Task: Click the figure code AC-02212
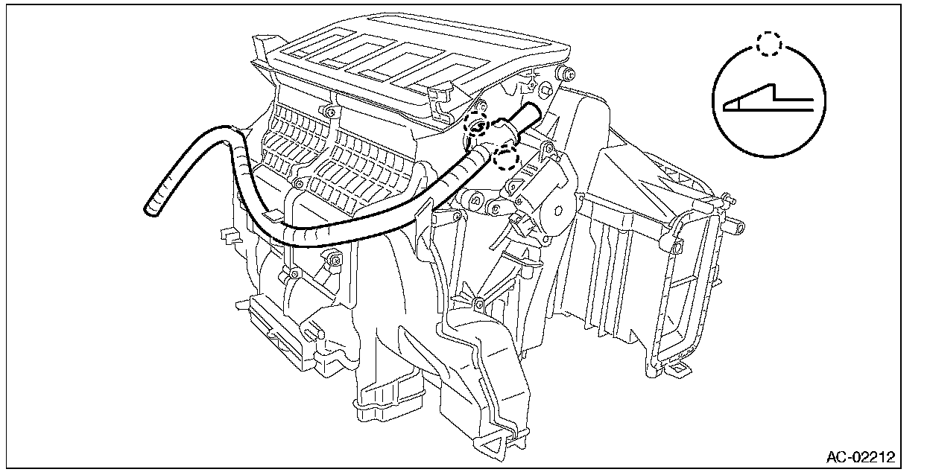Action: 860,455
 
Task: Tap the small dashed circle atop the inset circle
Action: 768,44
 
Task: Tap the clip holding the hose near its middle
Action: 419,216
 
